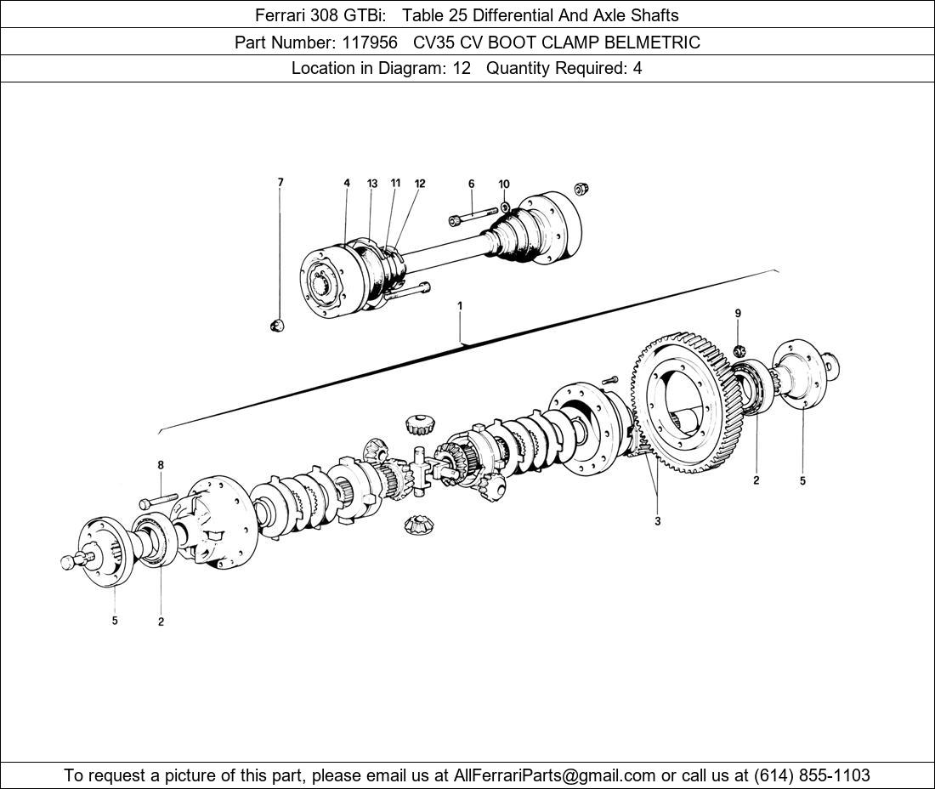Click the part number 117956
(x=369, y=42)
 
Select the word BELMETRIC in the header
(x=648, y=42)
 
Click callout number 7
(x=280, y=182)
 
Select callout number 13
(x=372, y=184)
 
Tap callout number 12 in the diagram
(x=420, y=184)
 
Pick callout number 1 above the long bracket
(x=460, y=305)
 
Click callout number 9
(x=738, y=314)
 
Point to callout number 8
(x=160, y=465)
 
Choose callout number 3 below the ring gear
(x=657, y=521)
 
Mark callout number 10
(x=504, y=184)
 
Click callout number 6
(x=471, y=184)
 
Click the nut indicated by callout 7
(x=277, y=325)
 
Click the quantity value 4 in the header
(x=637, y=69)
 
